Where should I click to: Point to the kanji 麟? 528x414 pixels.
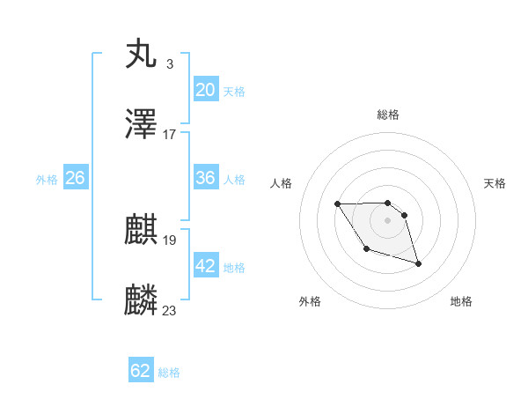tap(142, 299)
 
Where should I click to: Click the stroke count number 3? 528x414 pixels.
tap(169, 64)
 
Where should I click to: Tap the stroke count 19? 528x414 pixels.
tap(170, 240)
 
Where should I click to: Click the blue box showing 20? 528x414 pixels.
tap(206, 89)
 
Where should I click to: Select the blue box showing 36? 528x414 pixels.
tap(206, 178)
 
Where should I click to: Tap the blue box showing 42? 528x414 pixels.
tap(206, 265)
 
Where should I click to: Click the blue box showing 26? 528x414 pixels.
tap(75, 178)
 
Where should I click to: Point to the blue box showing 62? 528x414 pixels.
tap(141, 371)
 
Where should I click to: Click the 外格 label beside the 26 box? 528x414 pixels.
tap(47, 180)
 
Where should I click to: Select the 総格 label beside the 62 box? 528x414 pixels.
tap(169, 373)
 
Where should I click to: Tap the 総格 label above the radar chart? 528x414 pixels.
tap(388, 115)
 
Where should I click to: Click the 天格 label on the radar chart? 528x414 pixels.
tap(495, 183)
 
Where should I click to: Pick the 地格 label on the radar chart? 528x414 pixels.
tap(461, 301)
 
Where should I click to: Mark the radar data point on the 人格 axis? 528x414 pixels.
tap(338, 203)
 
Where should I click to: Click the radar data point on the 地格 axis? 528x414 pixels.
tap(418, 263)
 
